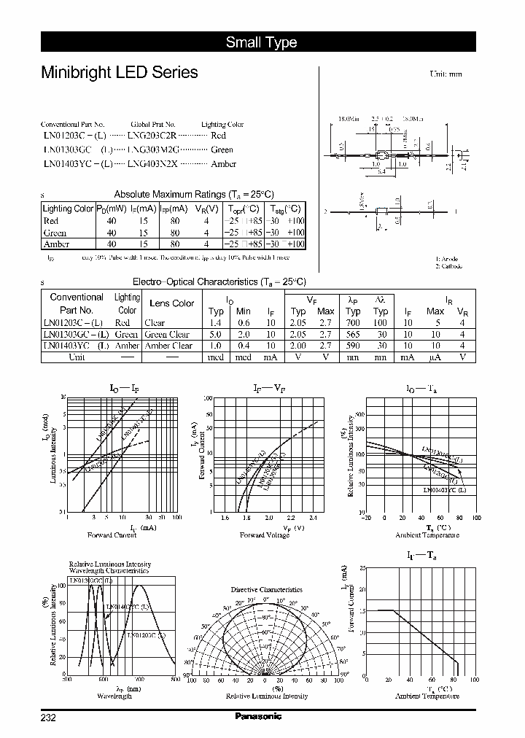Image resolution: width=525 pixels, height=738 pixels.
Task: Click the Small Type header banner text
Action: (261, 42)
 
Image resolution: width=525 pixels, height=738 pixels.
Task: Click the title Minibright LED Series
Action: (119, 73)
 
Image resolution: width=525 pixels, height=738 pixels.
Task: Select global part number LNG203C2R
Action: (152, 136)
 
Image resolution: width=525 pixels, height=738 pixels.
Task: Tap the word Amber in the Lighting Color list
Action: (223, 163)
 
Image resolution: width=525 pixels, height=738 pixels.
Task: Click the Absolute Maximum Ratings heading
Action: (193, 194)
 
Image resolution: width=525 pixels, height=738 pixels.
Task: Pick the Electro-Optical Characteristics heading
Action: (219, 281)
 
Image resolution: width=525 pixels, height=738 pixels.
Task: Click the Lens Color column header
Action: (171, 303)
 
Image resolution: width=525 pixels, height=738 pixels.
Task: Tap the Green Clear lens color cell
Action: (167, 334)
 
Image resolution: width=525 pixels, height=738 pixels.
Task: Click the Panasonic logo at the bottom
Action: (258, 716)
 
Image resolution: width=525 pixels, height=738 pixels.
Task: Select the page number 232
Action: (48, 718)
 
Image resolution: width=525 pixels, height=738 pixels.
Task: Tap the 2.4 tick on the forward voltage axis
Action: (314, 517)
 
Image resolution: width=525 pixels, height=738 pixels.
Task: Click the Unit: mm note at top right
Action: (446, 74)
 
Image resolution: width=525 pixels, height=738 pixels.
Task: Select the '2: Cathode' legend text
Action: (448, 267)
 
